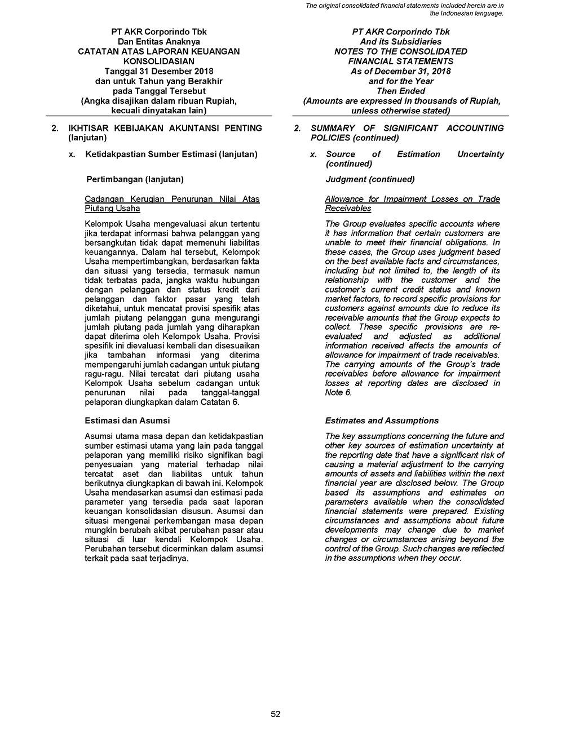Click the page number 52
pos(276,714)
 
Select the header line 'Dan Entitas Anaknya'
pos(158,42)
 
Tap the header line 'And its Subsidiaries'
pos(400,42)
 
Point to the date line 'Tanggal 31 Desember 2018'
pos(158,71)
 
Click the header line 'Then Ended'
pos(400,91)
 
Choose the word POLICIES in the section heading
pos(330,138)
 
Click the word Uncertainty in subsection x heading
pos(480,154)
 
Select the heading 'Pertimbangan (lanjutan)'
pos(135,179)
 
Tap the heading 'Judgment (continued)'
pos(370,179)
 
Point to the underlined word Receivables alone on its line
pos(348,209)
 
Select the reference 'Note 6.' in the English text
pos(338,392)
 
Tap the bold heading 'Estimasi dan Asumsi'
pos(127,421)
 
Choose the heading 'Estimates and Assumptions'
pos(382,421)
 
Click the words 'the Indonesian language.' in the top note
pos(466,13)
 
